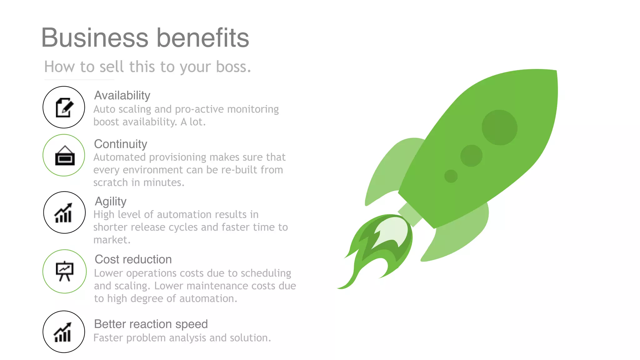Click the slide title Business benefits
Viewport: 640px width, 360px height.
tap(145, 38)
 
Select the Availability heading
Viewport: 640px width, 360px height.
tap(122, 95)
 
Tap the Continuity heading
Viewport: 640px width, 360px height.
tap(121, 144)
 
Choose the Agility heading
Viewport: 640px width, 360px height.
tap(111, 201)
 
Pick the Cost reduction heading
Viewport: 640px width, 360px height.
tap(133, 259)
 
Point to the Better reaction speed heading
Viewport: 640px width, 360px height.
tap(151, 324)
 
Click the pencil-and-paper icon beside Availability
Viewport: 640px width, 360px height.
tap(64, 107)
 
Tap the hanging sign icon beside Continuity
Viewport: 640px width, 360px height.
tap(65, 155)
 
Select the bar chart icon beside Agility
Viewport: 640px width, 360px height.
tap(64, 212)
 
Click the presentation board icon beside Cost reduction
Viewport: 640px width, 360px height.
tap(64, 271)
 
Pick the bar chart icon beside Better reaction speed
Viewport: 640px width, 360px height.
tap(63, 332)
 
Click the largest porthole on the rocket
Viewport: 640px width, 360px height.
tap(499, 127)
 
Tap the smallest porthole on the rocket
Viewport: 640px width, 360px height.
tap(451, 176)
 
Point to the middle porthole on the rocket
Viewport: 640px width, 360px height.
tap(471, 155)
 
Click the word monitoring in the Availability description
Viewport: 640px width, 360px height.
tap(253, 109)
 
